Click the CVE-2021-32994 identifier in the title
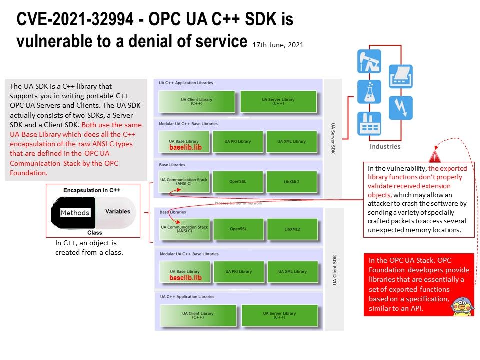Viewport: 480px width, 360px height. (75, 20)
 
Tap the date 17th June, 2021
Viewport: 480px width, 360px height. (278, 45)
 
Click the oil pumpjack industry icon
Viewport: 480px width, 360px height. (369, 61)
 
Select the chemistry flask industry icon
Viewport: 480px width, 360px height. (369, 92)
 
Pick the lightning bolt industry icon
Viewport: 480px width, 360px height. (400, 108)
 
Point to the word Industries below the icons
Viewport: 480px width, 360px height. (385, 147)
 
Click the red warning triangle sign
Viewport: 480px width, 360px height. (435, 156)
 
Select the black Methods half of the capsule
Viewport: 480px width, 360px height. (75, 213)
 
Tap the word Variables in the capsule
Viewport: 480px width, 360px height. (118, 211)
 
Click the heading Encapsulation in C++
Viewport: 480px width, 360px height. (92, 191)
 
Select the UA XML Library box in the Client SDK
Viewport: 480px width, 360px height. (292, 271)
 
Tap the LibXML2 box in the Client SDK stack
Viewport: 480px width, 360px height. (292, 229)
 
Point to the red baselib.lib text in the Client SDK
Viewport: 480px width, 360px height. (185, 278)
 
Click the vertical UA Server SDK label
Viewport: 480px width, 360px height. (333, 138)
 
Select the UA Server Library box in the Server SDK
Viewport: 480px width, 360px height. (278, 102)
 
